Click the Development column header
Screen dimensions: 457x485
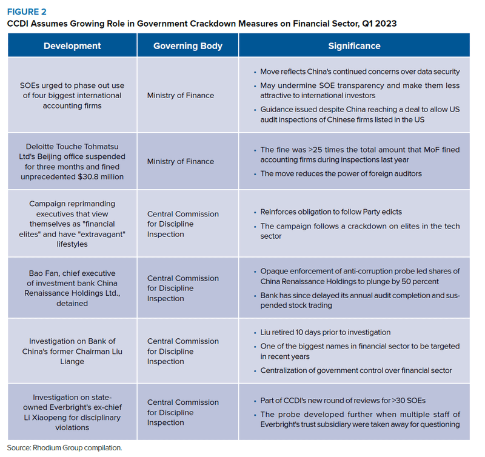click(x=72, y=46)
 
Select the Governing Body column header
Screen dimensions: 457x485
click(x=187, y=46)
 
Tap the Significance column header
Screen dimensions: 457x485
click(x=354, y=46)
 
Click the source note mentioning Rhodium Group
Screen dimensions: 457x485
click(x=65, y=447)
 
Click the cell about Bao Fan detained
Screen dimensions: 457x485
click(x=72, y=289)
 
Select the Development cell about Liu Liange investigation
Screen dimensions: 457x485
click(x=72, y=352)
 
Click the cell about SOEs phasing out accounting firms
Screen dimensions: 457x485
click(x=72, y=95)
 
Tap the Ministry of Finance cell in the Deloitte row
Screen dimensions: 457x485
click(x=180, y=161)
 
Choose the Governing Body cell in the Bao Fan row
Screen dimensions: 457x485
click(x=182, y=289)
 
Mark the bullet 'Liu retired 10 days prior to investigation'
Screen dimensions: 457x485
click(x=325, y=332)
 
